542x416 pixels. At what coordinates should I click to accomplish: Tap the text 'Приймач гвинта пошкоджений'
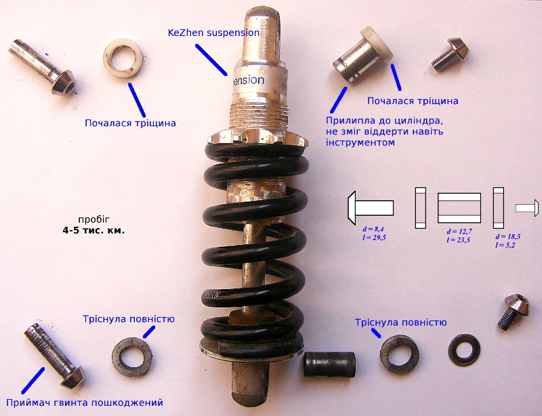pyautogui.click(x=85, y=402)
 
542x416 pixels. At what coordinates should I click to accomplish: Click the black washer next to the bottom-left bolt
pyautogui.click(x=132, y=354)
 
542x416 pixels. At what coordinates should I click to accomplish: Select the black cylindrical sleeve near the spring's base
pyautogui.click(x=329, y=366)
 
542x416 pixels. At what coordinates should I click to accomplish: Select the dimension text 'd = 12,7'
pyautogui.click(x=459, y=231)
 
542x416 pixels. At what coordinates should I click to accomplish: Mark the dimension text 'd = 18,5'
pyautogui.click(x=508, y=235)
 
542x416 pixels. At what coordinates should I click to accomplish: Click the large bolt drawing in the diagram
pyautogui.click(x=370, y=206)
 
